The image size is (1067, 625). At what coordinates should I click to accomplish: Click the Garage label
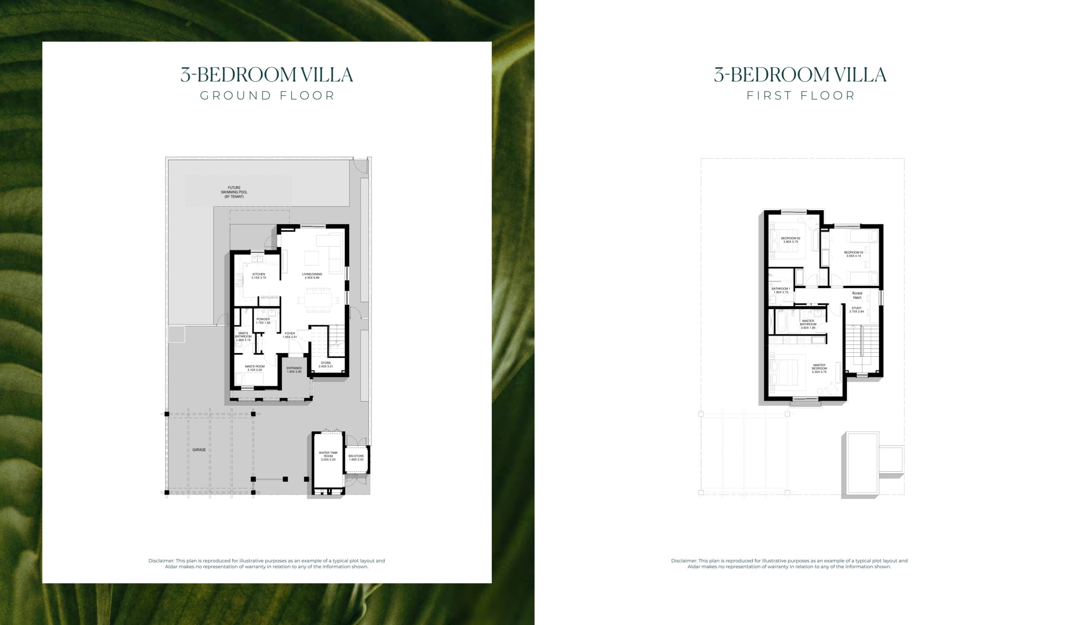(x=199, y=450)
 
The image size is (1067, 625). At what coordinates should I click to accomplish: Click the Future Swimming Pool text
(x=234, y=192)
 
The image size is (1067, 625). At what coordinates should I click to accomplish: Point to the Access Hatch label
(x=857, y=295)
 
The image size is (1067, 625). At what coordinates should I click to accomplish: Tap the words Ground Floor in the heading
(x=267, y=96)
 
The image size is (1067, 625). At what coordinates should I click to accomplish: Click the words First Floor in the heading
(x=801, y=96)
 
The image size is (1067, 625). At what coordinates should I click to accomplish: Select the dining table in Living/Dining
(x=318, y=300)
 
